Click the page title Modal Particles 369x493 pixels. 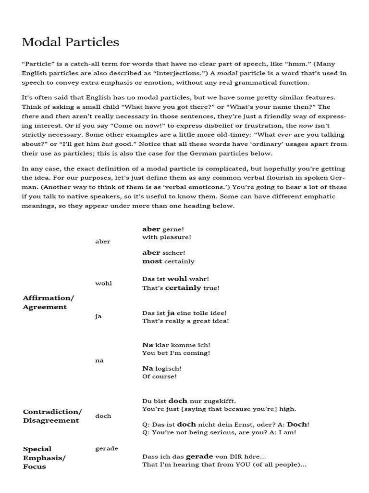[70, 42]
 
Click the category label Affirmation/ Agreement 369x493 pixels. [48, 302]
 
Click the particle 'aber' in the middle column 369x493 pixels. [102, 242]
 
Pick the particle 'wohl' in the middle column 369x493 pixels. [103, 283]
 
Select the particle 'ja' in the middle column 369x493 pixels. [98, 316]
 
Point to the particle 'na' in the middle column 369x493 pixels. [99, 360]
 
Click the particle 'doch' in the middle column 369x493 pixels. [103, 416]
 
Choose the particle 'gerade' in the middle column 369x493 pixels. [106, 448]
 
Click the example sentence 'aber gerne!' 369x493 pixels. [163, 229]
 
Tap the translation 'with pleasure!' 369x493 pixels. [166, 237]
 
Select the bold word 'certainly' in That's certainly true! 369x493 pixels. [183, 288]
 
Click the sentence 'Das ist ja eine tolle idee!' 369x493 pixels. [184, 312]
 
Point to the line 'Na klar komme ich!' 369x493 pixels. [176, 345]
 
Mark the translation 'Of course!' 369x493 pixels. [159, 376]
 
